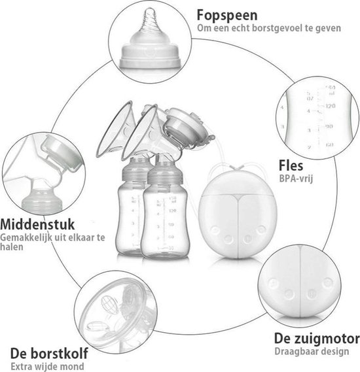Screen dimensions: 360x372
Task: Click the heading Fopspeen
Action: coord(227,16)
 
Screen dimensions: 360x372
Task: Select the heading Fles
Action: coord(291,165)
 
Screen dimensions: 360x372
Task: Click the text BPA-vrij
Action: coord(296,178)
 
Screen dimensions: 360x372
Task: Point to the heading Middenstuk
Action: coord(37,224)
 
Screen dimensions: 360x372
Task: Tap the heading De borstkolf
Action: coord(49,353)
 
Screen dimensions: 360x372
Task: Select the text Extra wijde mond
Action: coord(47,366)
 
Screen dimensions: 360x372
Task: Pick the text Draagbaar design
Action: coord(312,351)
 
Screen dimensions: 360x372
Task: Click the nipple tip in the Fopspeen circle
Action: coord(150,10)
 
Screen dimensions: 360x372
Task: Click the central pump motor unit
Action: coord(238,214)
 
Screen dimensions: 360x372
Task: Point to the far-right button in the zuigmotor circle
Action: coord(328,282)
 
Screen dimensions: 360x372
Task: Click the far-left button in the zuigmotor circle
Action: coord(273,283)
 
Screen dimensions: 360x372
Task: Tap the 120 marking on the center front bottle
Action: coord(172,211)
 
